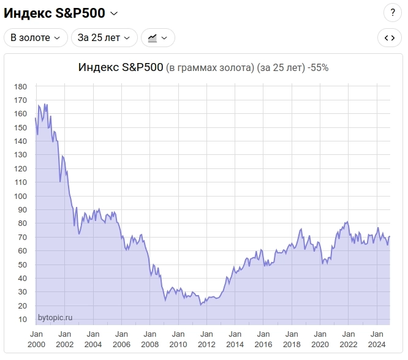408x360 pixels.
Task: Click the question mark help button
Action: point(393,12)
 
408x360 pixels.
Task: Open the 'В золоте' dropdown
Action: point(36,37)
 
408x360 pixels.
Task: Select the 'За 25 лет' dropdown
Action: point(104,37)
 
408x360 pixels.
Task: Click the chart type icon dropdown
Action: point(158,37)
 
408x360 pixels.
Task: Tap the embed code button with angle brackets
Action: point(389,37)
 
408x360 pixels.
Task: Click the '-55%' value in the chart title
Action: point(319,67)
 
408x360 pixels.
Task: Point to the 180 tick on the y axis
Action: point(21,86)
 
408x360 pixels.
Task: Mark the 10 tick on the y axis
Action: point(23,319)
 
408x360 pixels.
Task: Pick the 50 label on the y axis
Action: point(23,264)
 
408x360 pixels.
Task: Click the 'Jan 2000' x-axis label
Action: point(36,339)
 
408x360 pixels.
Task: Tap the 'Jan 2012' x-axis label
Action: point(206,339)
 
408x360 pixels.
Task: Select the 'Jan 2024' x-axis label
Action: point(377,339)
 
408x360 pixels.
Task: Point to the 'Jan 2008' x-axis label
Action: point(149,339)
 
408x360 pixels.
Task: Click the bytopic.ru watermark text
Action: point(55,317)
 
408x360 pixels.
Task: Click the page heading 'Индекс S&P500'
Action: point(55,13)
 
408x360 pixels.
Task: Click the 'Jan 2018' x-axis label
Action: point(292,339)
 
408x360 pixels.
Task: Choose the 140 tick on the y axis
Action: point(21,141)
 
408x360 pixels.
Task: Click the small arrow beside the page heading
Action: point(113,13)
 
